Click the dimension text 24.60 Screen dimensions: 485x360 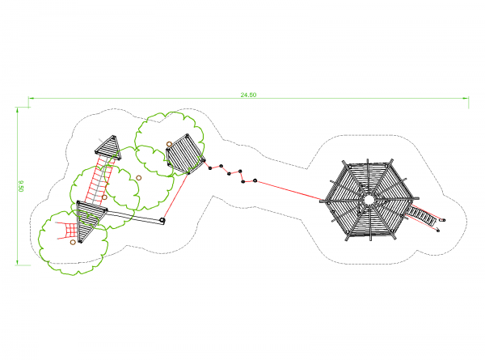(248, 95)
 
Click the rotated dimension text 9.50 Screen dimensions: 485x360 (21, 186)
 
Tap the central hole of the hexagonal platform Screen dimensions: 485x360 (369, 200)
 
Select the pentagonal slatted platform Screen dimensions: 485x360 (185, 155)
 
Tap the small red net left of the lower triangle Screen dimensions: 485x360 (70, 231)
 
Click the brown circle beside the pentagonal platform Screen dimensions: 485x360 (169, 144)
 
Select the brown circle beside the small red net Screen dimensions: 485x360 (73, 242)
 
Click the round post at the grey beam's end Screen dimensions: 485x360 (162, 221)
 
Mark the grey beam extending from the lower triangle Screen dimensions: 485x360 (133, 216)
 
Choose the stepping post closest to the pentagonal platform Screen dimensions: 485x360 (210, 168)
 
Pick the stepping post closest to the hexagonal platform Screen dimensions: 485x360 (255, 180)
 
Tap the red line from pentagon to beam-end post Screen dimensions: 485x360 (175, 196)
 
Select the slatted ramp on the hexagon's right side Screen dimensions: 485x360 (422, 214)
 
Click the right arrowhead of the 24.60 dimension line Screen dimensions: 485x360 (466, 98)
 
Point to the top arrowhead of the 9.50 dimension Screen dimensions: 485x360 (17, 110)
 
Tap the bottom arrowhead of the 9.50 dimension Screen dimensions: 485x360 (17, 262)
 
